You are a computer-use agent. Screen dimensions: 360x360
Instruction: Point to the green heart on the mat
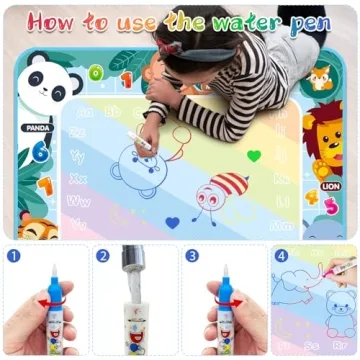point(255,156)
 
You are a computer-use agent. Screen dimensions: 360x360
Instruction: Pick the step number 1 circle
point(13,255)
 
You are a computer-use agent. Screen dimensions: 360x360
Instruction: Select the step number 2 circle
point(103,255)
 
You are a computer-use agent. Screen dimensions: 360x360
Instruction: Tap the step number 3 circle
point(192,255)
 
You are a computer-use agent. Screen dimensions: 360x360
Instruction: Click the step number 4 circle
point(281,255)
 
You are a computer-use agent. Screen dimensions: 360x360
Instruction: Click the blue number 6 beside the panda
point(38,152)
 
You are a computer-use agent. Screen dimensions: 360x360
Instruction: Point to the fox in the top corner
point(320,79)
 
